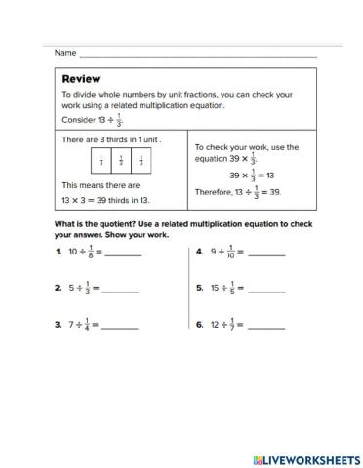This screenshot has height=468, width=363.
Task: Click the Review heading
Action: click(81, 78)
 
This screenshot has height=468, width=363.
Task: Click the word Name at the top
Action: click(65, 52)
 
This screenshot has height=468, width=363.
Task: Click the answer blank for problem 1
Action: click(123, 254)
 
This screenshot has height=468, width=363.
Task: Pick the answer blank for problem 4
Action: click(266, 254)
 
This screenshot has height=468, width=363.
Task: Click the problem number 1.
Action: click(58, 252)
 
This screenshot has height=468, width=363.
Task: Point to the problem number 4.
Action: click(199, 252)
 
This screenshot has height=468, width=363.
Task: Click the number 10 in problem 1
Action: click(72, 252)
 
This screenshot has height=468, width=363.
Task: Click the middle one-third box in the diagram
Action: click(121, 161)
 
